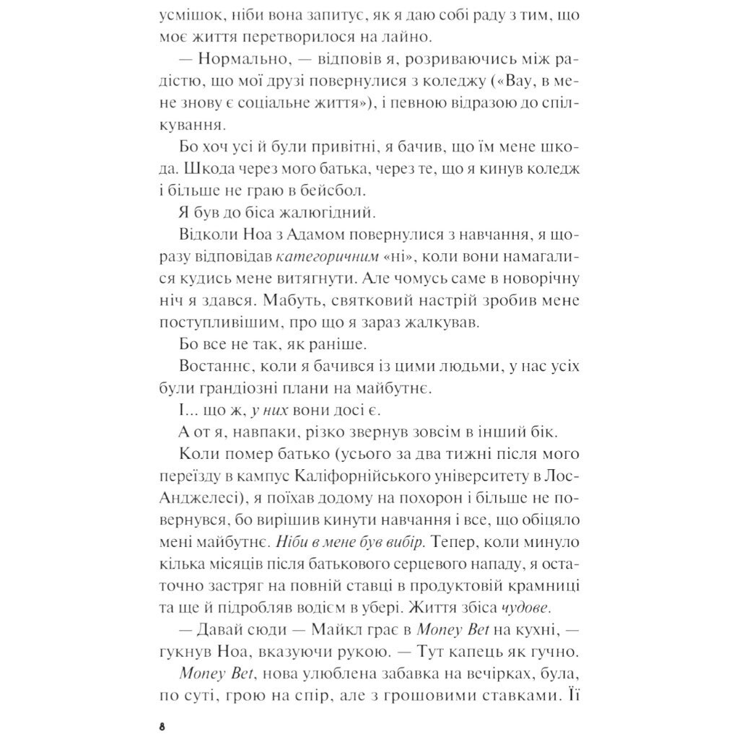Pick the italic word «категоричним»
click(333, 257)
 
